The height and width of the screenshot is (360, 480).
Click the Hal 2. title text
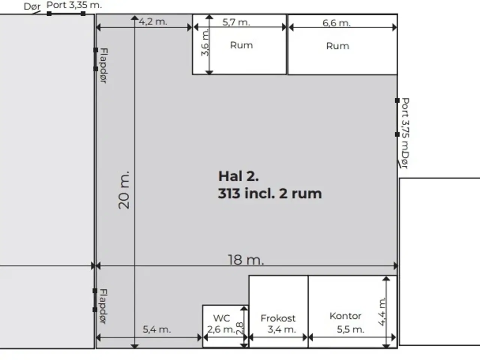(x=238, y=176)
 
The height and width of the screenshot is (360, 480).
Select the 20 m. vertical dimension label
(x=124, y=190)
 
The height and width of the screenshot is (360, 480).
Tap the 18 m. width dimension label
(x=246, y=259)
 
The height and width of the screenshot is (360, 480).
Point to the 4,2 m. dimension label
(x=153, y=22)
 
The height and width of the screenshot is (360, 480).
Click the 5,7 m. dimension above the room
(x=236, y=22)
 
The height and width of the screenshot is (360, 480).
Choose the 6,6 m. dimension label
(x=336, y=23)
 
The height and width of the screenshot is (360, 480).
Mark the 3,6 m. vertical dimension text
(x=205, y=43)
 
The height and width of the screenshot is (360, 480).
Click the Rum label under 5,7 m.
(x=241, y=45)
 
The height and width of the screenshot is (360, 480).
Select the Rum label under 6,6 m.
(x=337, y=46)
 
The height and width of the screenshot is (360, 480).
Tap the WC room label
(x=221, y=318)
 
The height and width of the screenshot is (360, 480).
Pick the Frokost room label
(x=278, y=318)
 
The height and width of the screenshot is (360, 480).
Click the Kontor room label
(x=345, y=316)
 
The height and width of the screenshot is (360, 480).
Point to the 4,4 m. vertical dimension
(x=382, y=312)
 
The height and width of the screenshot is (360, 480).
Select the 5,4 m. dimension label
(x=156, y=330)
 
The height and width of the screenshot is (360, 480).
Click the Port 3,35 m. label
(x=74, y=5)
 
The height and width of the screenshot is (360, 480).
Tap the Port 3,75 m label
(x=405, y=123)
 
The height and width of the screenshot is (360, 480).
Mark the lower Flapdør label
(x=103, y=306)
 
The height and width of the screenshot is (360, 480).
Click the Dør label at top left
(x=32, y=6)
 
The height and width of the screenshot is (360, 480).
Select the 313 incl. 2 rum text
(x=270, y=193)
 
